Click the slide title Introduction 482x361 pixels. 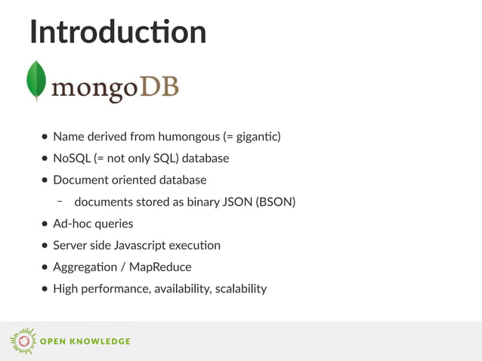(x=117, y=32)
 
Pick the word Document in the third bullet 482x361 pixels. (x=78, y=180)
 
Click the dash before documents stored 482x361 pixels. (x=59, y=202)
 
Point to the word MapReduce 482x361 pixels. (x=160, y=267)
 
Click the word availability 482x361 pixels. (x=179, y=288)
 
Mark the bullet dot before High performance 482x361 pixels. (x=45, y=288)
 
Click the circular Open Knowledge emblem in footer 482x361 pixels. (x=22, y=341)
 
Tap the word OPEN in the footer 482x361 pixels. (x=52, y=341)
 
